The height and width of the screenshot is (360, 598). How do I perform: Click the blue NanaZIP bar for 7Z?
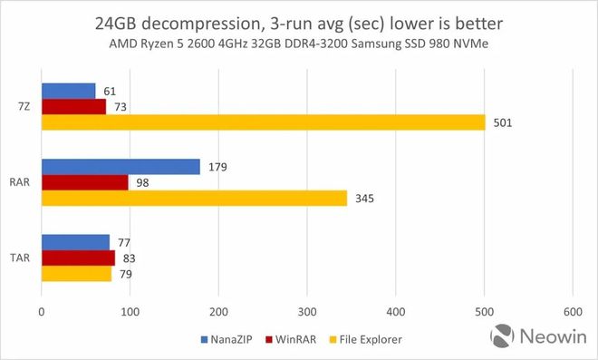(68, 91)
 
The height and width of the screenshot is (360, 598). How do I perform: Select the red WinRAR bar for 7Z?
(73, 106)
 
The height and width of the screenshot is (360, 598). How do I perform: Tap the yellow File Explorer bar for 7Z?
(263, 122)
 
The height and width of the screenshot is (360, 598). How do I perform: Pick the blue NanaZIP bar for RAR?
(121, 167)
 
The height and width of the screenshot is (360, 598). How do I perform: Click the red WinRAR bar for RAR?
(84, 182)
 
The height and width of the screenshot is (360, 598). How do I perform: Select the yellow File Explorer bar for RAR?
(194, 198)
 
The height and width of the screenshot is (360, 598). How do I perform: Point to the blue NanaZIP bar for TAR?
(75, 242)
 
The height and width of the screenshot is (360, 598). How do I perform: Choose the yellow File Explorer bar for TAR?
(76, 273)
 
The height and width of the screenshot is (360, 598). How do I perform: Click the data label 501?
(504, 122)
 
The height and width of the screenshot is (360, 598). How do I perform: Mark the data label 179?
(217, 167)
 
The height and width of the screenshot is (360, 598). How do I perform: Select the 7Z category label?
(23, 106)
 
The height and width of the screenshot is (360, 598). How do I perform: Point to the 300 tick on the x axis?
(306, 311)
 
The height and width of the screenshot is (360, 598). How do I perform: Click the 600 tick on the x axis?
(572, 311)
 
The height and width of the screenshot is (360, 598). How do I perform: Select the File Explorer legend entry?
(367, 339)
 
